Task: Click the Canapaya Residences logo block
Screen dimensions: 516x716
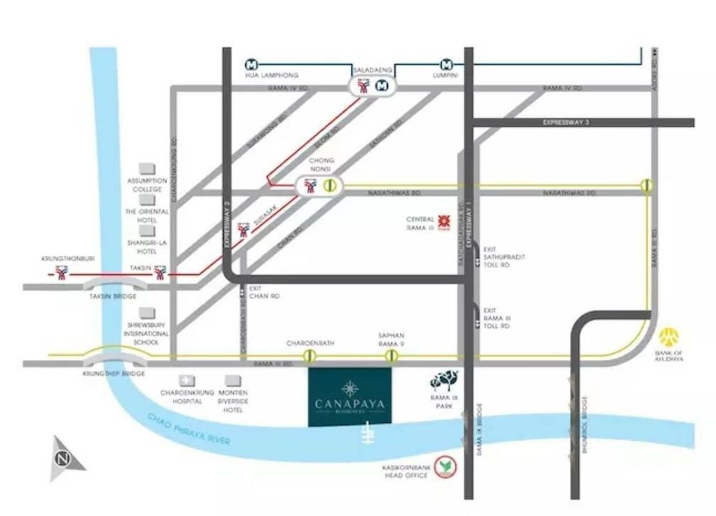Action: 350,397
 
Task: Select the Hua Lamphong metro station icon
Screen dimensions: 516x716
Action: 252,64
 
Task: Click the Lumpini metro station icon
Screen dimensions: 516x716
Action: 447,64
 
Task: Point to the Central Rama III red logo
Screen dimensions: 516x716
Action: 444,221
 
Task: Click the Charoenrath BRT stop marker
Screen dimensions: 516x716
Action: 309,356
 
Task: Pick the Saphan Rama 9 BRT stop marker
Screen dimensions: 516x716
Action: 391,356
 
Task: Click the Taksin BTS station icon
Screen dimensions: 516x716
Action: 160,274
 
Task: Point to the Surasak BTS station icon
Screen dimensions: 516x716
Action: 243,230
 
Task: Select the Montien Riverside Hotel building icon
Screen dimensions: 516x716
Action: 233,380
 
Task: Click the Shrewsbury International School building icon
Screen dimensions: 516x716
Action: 147,313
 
